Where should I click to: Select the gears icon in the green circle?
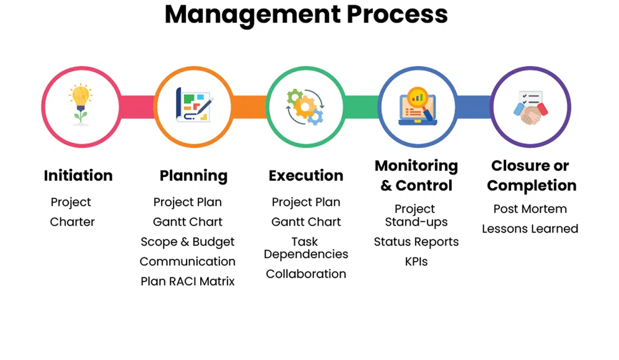tap(305, 107)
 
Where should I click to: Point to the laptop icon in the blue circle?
tap(417, 107)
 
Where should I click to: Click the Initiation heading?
tap(78, 176)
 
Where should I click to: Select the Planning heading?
tap(193, 176)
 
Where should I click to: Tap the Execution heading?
tap(306, 176)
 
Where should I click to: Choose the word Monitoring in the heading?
tap(416, 166)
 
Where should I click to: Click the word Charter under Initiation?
tap(72, 222)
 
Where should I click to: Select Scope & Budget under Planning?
tap(188, 242)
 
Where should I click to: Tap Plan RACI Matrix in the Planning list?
tap(188, 282)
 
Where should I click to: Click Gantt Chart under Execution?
tap(306, 222)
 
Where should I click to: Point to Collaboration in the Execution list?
tap(306, 274)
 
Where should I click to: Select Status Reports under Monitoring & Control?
tap(416, 242)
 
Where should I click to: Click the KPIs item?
tap(416, 261)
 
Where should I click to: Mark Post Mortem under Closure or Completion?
tap(530, 209)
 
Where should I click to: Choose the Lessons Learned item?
tap(530, 229)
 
